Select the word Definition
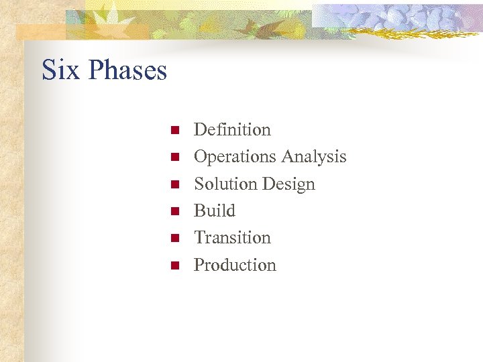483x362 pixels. pyautogui.click(x=232, y=129)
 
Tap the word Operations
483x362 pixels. pyautogui.click(x=235, y=157)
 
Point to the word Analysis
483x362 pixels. pyautogui.click(x=314, y=157)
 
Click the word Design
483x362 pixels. pyautogui.click(x=288, y=184)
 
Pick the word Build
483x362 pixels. pyautogui.click(x=215, y=210)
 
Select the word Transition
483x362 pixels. pyautogui.click(x=232, y=237)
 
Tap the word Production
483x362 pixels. pyautogui.click(x=235, y=265)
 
